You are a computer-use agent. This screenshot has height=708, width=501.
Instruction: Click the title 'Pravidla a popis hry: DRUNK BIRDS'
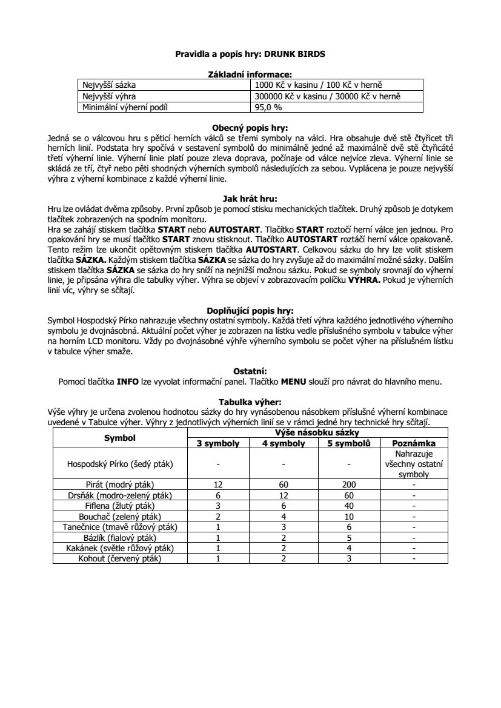(250, 54)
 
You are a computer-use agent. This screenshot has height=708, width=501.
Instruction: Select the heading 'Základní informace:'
(250, 74)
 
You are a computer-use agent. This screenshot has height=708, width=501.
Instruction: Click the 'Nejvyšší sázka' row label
(110, 85)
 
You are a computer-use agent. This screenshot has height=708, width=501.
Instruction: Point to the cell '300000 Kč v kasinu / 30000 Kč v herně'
(328, 96)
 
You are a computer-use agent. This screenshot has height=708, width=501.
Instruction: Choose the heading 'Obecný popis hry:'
(250, 128)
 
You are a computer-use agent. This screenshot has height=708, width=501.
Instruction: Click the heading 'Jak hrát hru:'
(250, 197)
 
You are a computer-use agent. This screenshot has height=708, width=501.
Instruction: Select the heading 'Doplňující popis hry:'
(250, 311)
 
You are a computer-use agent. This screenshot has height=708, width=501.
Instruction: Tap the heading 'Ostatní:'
(250, 371)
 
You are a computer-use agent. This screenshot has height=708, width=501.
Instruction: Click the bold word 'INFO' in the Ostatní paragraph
(128, 382)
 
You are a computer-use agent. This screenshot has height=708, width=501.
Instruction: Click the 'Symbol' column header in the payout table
(120, 438)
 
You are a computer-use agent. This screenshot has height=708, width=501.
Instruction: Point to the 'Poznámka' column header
(414, 443)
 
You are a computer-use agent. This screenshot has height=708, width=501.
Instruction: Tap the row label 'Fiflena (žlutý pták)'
(120, 505)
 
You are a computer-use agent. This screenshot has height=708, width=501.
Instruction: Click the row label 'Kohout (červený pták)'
(120, 558)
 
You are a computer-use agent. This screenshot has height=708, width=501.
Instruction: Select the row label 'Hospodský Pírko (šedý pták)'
(120, 464)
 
